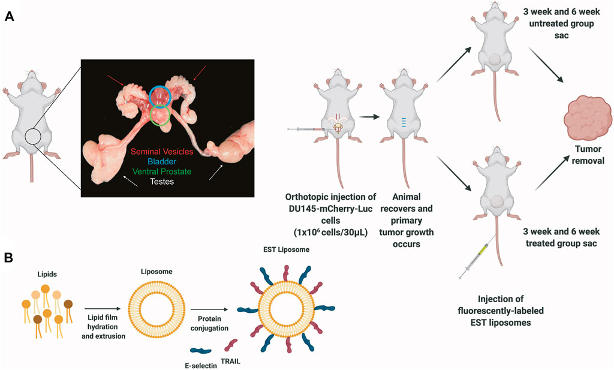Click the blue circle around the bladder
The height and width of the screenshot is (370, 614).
pos(160,96)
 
